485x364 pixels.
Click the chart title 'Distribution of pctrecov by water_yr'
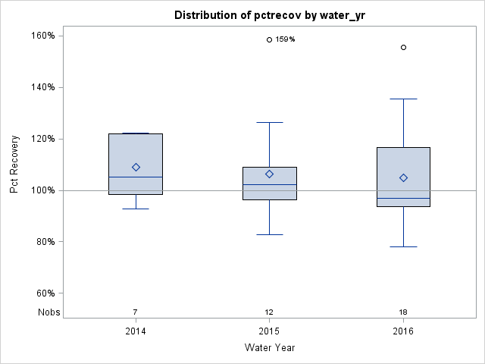coord(269,15)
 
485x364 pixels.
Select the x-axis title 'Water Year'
coord(269,348)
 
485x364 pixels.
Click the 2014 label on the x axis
coord(136,331)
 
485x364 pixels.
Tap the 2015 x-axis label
coord(269,331)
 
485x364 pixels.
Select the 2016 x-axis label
coord(403,331)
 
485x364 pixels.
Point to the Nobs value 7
coord(136,312)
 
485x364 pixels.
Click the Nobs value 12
coord(269,312)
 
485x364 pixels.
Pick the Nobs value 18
coord(403,312)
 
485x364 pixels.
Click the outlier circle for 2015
coord(269,39)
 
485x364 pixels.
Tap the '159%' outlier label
coord(285,39)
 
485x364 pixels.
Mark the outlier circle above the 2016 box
coord(403,47)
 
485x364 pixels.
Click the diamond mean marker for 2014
coord(136,167)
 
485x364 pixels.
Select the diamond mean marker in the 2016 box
coord(403,177)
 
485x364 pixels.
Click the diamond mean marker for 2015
coord(269,174)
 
